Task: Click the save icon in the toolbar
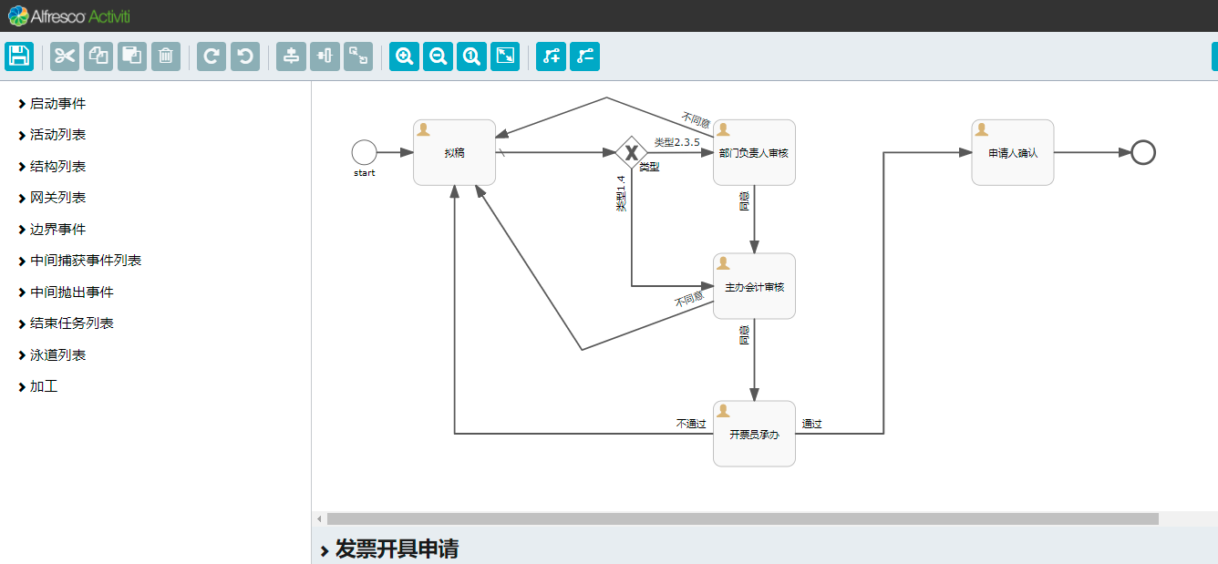(x=19, y=56)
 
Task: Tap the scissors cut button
(x=65, y=56)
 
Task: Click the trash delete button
(x=165, y=56)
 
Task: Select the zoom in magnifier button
(x=404, y=56)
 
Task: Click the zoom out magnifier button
(x=438, y=56)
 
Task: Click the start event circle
(x=364, y=152)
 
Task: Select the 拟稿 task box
(x=454, y=152)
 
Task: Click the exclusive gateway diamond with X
(x=631, y=152)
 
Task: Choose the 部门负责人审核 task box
(x=754, y=152)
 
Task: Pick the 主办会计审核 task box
(x=754, y=286)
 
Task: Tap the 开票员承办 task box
(x=754, y=434)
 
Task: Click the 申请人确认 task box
(x=1012, y=152)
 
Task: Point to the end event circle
(x=1142, y=152)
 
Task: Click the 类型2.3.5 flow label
(x=676, y=142)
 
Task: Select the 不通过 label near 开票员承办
(x=691, y=424)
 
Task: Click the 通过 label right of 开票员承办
(x=811, y=424)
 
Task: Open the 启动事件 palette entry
(x=57, y=104)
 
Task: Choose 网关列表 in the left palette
(x=57, y=198)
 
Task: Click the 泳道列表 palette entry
(x=57, y=355)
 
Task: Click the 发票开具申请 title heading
(x=397, y=549)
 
